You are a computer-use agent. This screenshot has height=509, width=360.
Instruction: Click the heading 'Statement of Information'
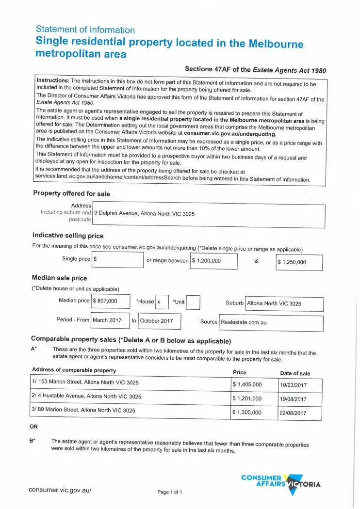click(x=85, y=30)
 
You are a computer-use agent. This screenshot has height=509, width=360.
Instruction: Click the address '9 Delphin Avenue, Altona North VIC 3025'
click(x=144, y=213)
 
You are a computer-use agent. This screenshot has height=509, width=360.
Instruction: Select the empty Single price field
click(x=117, y=260)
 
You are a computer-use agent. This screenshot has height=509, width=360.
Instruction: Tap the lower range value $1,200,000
click(x=207, y=261)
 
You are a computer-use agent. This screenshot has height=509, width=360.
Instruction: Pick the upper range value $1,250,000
click(x=292, y=262)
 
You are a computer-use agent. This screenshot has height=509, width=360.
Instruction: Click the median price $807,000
click(x=105, y=301)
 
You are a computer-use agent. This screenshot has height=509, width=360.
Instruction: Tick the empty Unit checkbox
click(x=193, y=302)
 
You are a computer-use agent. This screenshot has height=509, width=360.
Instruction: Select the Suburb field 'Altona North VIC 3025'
click(x=274, y=304)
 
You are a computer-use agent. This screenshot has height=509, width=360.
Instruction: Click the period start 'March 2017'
click(x=107, y=320)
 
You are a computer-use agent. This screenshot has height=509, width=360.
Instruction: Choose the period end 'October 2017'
click(x=157, y=321)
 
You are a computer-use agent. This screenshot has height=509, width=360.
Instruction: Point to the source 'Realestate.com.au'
click(x=244, y=322)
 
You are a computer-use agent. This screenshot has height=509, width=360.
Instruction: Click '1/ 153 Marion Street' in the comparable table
click(x=85, y=382)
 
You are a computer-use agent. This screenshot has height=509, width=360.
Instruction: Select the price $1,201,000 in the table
click(x=247, y=399)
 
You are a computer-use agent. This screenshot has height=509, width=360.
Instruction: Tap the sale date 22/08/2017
click(x=293, y=413)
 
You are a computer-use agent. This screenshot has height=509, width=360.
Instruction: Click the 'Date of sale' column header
click(x=295, y=373)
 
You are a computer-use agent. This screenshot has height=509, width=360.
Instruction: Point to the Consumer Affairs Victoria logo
click(x=281, y=482)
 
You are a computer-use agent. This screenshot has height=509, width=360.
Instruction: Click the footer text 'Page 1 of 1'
click(x=170, y=493)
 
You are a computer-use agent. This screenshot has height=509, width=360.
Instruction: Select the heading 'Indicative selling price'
click(x=68, y=236)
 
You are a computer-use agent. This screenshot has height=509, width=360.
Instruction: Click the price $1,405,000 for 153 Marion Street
click(x=247, y=385)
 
